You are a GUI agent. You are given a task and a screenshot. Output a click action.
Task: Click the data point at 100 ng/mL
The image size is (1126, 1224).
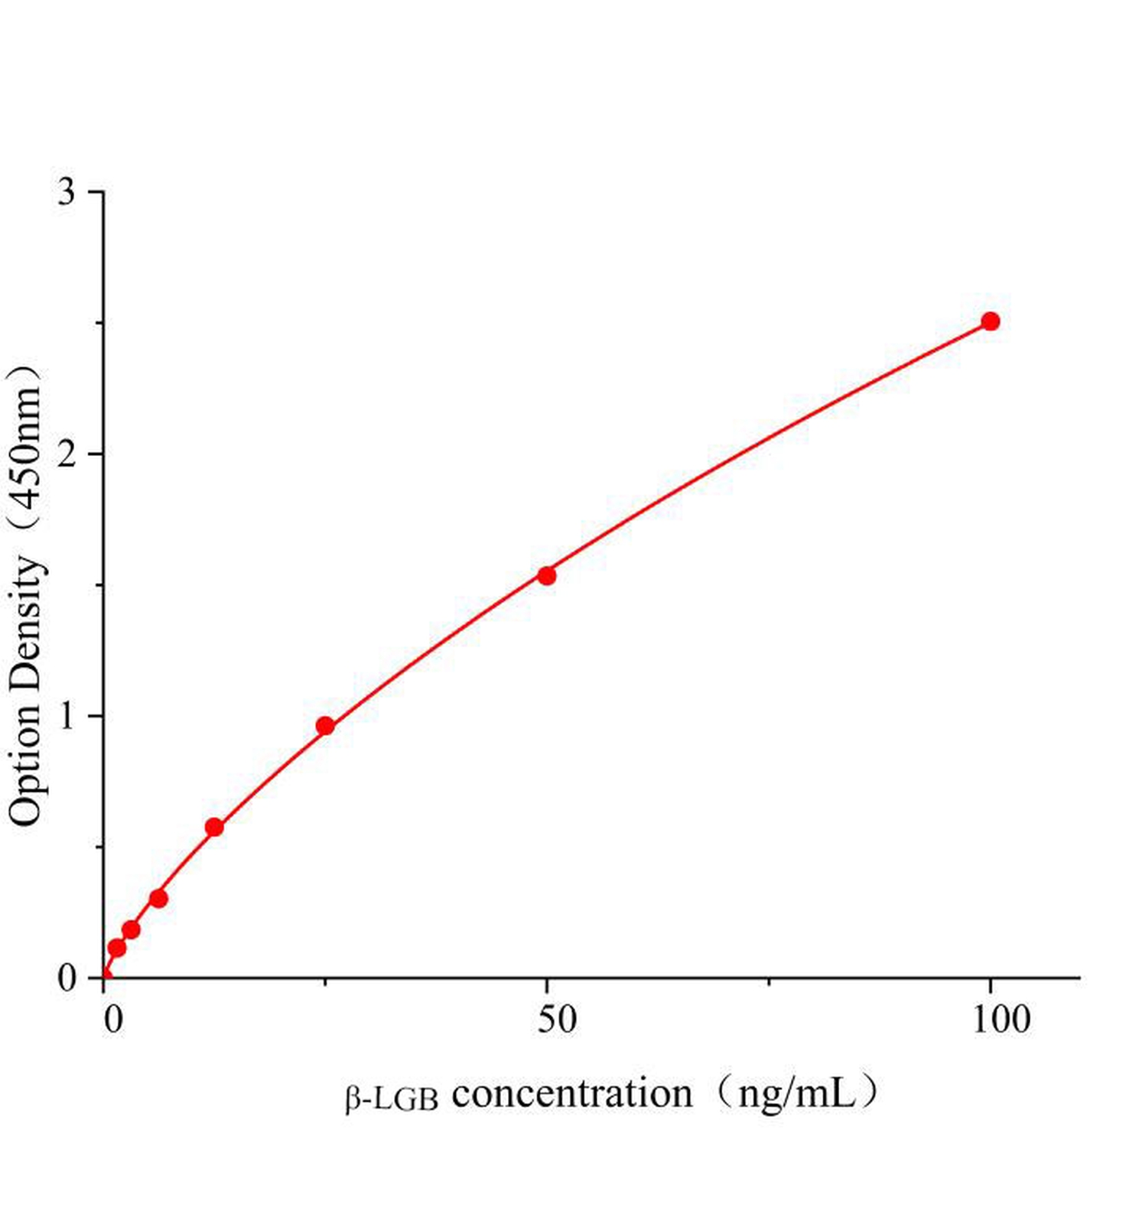pyautogui.click(x=990, y=321)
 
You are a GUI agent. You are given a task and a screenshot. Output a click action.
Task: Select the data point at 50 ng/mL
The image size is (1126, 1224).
pyautogui.click(x=546, y=576)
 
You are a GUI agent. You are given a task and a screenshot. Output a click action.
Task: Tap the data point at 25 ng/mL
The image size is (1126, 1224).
pyautogui.click(x=325, y=725)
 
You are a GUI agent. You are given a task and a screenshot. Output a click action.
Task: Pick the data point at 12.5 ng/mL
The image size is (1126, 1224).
pyautogui.click(x=214, y=827)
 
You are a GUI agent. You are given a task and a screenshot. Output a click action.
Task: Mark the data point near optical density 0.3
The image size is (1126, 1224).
pyautogui.click(x=158, y=898)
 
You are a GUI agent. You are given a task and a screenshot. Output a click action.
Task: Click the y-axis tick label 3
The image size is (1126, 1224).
pyautogui.click(x=67, y=192)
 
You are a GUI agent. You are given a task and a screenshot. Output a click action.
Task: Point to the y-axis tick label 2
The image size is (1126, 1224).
pyautogui.click(x=67, y=454)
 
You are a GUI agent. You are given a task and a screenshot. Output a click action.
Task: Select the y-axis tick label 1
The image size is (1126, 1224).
pyautogui.click(x=67, y=717)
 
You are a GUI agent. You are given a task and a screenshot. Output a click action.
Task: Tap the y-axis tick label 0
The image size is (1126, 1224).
pyautogui.click(x=67, y=978)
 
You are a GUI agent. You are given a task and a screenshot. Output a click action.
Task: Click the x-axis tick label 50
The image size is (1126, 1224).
pyautogui.click(x=556, y=1020)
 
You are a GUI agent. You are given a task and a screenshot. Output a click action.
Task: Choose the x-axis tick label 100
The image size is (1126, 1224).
pyautogui.click(x=1001, y=1020)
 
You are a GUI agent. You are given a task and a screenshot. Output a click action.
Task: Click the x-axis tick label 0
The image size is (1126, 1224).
pyautogui.click(x=113, y=1020)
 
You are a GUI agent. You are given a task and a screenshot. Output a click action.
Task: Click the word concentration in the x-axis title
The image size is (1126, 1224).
pyautogui.click(x=571, y=1094)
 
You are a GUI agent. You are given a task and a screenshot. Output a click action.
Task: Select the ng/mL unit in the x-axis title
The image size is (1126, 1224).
pyautogui.click(x=796, y=1094)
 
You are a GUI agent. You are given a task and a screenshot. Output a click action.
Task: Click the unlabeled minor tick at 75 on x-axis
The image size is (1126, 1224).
pyautogui.click(x=769, y=981)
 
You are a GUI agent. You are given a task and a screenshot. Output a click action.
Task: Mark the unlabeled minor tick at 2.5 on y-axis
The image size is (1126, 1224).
pyautogui.click(x=99, y=323)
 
